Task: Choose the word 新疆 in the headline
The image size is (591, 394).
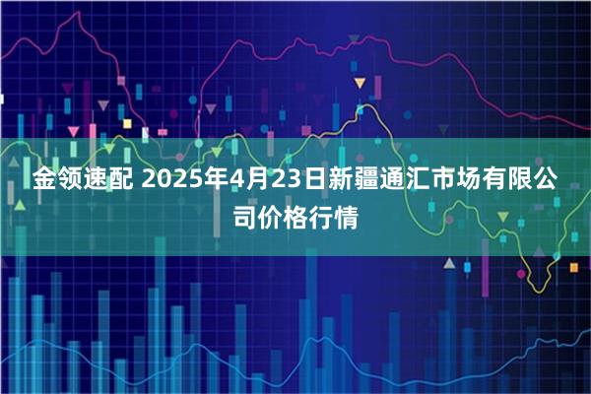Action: point(350,181)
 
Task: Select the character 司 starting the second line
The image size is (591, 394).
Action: point(244,216)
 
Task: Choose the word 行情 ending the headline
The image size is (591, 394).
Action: point(334,216)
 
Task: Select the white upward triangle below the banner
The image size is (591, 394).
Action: point(448,264)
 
